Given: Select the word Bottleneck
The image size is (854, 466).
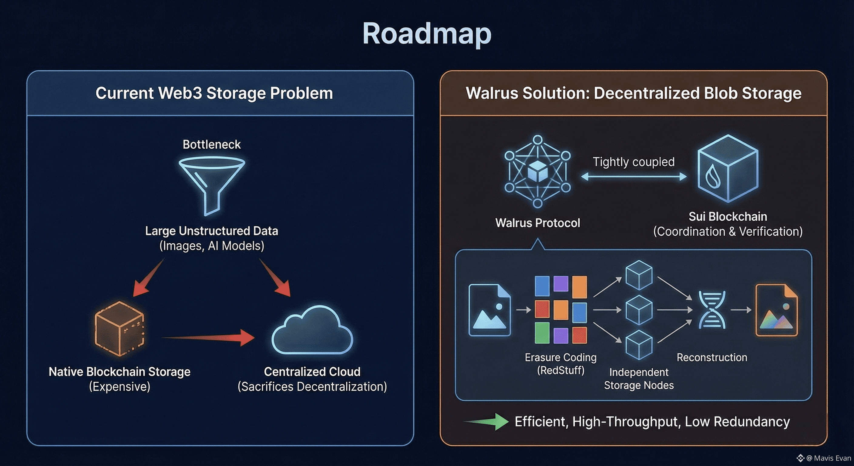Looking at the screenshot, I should coord(211,144).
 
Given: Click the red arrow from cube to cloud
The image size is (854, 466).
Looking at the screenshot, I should coord(209,337).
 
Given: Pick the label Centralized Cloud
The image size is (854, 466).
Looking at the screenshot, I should coord(312,371).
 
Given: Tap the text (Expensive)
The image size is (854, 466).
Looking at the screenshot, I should coord(119,387).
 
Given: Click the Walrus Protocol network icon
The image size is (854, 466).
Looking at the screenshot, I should coord(537,171).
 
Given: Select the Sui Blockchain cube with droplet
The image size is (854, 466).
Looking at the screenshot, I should coord(728,168).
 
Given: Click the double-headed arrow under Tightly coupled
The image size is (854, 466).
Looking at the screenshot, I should coord(634,177).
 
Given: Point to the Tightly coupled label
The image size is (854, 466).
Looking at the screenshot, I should coord(634,162).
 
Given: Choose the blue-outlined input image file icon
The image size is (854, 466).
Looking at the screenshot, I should coord(489,310).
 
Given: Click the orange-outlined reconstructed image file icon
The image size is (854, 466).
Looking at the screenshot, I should coord(776,310).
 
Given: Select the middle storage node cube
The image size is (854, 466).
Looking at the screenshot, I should coord(638,310).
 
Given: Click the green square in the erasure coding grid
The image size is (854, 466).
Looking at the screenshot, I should coord(542,333).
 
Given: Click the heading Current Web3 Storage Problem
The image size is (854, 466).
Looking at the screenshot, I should coord(214,93).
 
